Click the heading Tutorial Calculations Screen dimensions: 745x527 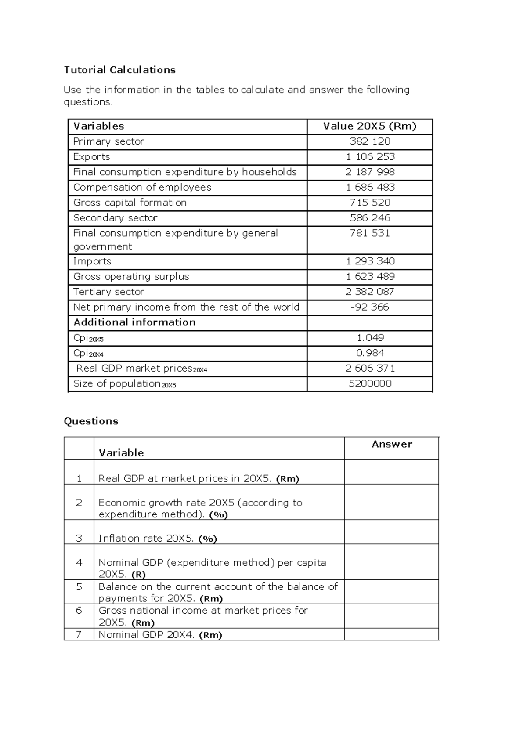[x=119, y=70]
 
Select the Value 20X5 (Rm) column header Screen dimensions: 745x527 [x=370, y=126]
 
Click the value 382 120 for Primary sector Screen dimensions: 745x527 [x=370, y=141]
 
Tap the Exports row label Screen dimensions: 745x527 [x=91, y=157]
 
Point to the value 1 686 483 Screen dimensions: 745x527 [x=370, y=187]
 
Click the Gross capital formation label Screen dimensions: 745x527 [x=130, y=203]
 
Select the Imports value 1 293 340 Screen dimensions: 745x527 [x=370, y=261]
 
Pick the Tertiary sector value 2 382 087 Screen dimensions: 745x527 [x=370, y=292]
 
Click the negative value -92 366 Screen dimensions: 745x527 [x=370, y=307]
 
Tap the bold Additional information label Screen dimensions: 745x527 [x=134, y=322]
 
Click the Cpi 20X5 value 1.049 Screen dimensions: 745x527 [x=370, y=338]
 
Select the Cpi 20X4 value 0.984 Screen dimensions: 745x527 [x=370, y=353]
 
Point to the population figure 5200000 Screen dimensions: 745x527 [x=370, y=383]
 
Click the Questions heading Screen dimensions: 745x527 [x=91, y=421]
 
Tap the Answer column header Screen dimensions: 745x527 [x=392, y=444]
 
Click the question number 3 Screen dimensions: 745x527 [x=79, y=539]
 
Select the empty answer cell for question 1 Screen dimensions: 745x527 [x=391, y=472]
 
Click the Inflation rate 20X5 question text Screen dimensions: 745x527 [x=157, y=539]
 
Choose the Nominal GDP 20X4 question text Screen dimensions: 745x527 [x=160, y=635]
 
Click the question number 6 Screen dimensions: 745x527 [x=79, y=611]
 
